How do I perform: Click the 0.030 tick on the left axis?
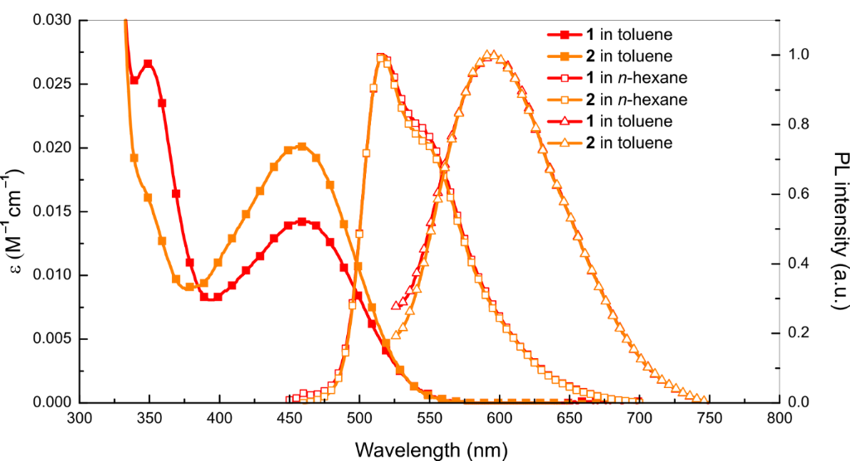[x=52, y=20]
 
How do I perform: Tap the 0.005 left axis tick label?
[x=52, y=339]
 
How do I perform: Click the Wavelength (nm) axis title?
[x=428, y=449]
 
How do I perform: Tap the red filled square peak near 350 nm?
[x=148, y=64]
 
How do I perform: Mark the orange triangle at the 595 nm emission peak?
[x=493, y=56]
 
